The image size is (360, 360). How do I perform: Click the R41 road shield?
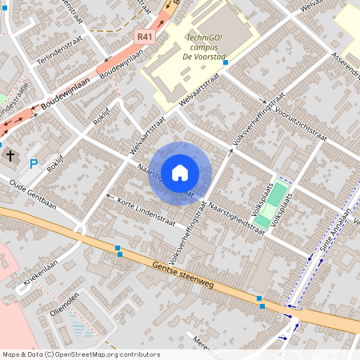pyautogui.click(x=145, y=36)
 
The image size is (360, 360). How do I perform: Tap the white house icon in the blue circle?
pyautogui.click(x=180, y=173)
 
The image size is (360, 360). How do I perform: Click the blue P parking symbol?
pyautogui.click(x=34, y=164)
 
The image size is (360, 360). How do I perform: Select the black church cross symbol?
pyautogui.click(x=11, y=157)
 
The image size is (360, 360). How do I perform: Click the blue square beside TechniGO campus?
pyautogui.click(x=226, y=62)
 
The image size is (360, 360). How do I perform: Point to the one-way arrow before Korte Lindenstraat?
pyautogui.click(x=108, y=194)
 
